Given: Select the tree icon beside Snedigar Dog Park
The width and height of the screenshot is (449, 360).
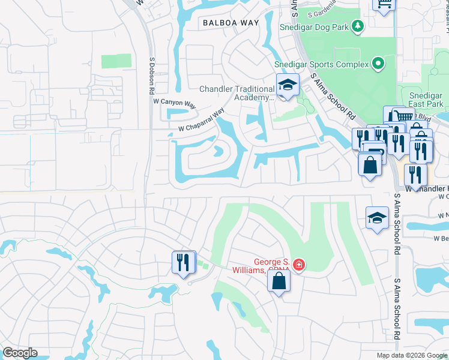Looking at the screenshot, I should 358,25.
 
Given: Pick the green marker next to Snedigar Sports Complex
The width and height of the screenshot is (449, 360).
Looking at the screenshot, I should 378,63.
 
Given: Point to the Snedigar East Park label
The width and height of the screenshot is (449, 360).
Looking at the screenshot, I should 426,100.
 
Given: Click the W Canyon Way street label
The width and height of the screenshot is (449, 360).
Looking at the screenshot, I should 175,104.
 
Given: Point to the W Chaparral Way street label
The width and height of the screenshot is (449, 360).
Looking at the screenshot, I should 200,120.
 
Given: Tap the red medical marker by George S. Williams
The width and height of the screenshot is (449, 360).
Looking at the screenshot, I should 299,265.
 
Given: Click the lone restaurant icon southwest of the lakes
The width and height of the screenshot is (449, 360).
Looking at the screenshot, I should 184,262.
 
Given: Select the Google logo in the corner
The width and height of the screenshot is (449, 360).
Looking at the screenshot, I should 20,353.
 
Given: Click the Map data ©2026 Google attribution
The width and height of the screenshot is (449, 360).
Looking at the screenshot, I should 412,355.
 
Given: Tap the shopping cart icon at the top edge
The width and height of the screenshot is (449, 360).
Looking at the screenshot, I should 384,4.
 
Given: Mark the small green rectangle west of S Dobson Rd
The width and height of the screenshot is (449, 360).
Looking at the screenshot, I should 112,61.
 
